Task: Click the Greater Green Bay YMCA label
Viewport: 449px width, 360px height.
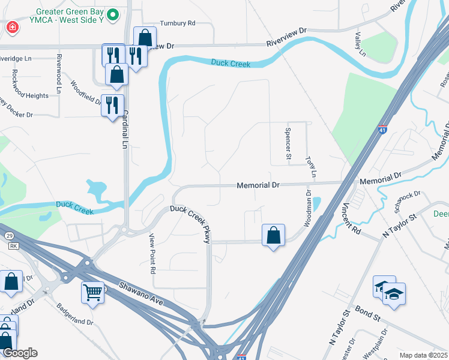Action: [69, 14]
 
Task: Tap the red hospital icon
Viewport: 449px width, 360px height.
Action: [11, 28]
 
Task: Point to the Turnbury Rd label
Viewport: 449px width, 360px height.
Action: [183, 23]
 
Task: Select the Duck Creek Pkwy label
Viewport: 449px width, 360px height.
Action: [191, 223]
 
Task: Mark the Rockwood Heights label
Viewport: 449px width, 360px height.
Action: [29, 95]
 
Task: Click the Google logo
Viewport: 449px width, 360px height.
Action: [19, 353]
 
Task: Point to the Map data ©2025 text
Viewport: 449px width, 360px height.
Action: [423, 355]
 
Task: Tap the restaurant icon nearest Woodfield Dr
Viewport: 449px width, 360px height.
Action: [112, 105]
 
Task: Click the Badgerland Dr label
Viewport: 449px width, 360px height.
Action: [75, 314]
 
